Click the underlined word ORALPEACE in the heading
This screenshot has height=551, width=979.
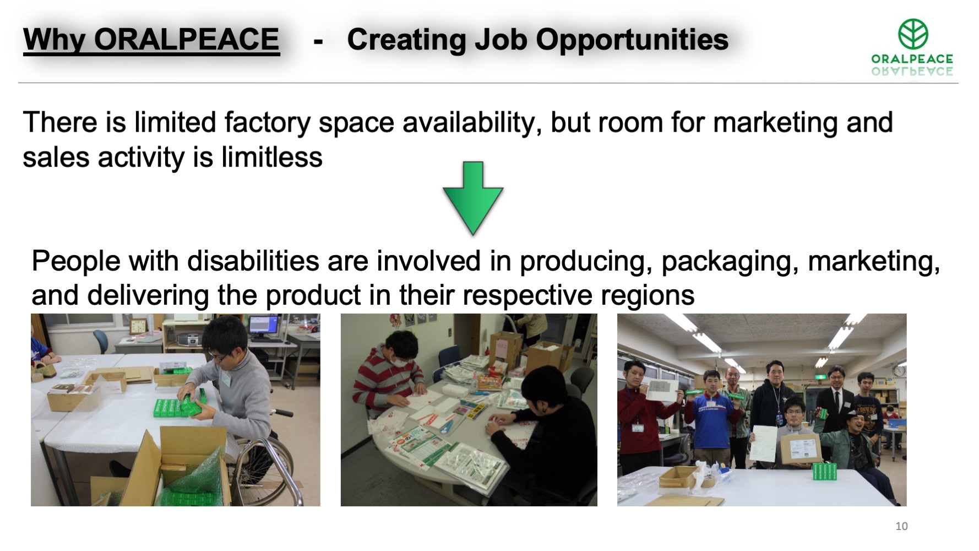187,40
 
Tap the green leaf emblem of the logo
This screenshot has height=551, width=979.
913,34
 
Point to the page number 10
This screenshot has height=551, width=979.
901,526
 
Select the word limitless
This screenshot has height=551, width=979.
271,158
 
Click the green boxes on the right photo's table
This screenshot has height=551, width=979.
825,471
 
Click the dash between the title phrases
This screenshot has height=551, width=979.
318,41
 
